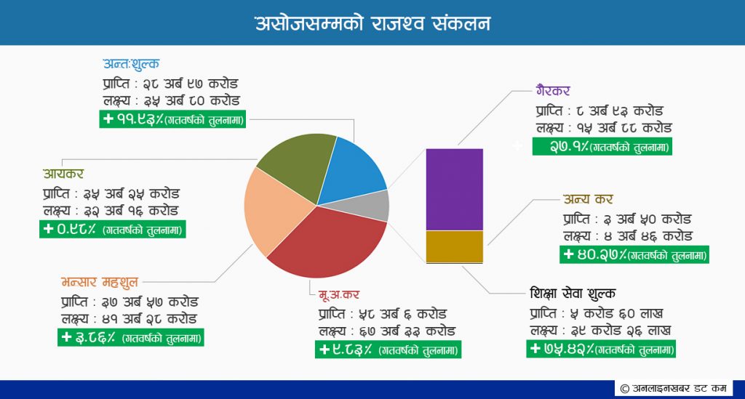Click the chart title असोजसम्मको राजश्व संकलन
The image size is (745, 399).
point(372,23)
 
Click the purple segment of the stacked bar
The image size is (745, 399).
point(454,189)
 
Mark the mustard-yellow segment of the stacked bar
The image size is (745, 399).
point(454,246)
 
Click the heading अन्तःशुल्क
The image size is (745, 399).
point(131,64)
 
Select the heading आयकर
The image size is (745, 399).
point(63,174)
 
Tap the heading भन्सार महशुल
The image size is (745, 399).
point(99,282)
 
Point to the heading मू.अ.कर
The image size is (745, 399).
point(339,294)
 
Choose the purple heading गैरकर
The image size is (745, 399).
point(553,90)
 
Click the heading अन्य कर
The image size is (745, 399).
point(588,199)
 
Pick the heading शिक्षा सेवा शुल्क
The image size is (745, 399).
point(573,293)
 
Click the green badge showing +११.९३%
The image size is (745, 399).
point(172,119)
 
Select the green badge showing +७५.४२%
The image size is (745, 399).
point(600,349)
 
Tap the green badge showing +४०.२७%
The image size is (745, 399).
point(634,255)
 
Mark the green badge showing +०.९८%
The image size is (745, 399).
point(113,229)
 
